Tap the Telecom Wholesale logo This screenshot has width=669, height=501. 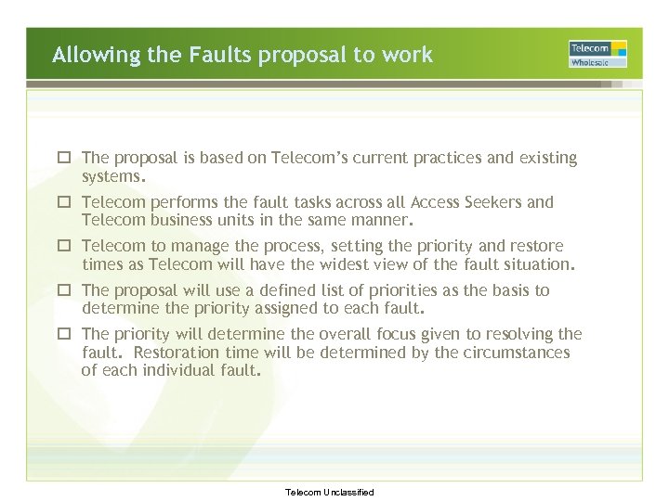597,54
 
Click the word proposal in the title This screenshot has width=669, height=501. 301,56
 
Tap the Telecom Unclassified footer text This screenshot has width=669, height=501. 330,492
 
